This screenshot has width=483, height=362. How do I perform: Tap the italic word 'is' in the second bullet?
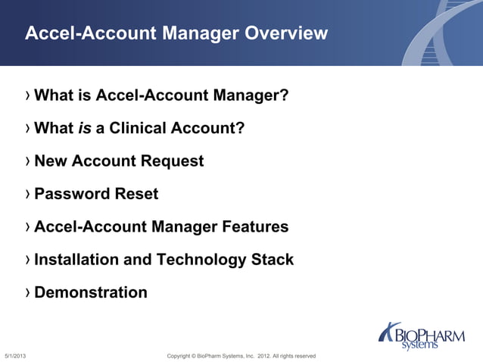[85, 129]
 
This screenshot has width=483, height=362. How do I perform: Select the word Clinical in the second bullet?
[139, 129]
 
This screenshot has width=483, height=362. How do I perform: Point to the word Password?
[72, 194]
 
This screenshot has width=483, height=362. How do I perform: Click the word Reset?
[136, 194]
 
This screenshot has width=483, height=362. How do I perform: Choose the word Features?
[255, 226]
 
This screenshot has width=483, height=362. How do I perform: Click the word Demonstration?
[91, 292]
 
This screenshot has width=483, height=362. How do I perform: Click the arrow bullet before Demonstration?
[28, 292]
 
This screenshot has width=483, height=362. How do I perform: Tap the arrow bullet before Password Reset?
[28, 194]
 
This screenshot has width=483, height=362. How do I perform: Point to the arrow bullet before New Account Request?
[28, 161]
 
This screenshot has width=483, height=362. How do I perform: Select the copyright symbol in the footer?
[193, 356]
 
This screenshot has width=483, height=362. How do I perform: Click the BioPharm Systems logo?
[421, 335]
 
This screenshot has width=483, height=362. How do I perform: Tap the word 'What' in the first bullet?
[54, 96]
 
